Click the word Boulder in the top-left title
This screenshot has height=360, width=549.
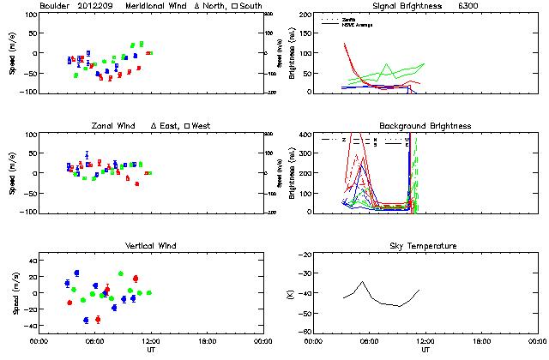(55, 5)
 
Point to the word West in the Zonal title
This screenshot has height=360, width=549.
(201, 126)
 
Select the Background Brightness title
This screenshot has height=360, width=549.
(425, 126)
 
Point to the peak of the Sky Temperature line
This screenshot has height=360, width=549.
(362, 281)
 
